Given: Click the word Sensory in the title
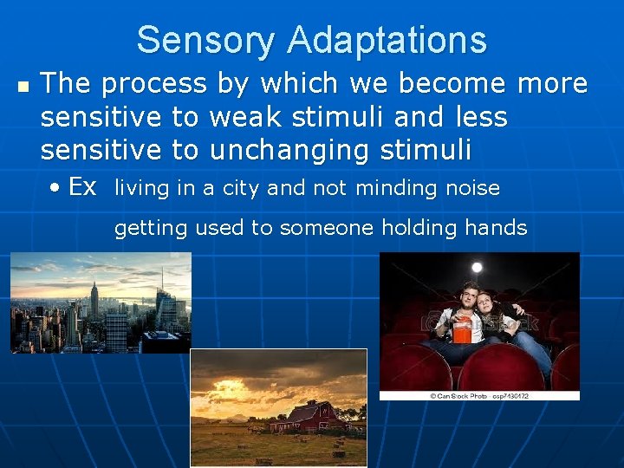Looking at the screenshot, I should (206, 41).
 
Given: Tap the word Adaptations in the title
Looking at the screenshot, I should (387, 41).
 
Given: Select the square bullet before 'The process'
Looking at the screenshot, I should (23, 88).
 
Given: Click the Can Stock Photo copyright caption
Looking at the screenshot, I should (479, 396).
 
